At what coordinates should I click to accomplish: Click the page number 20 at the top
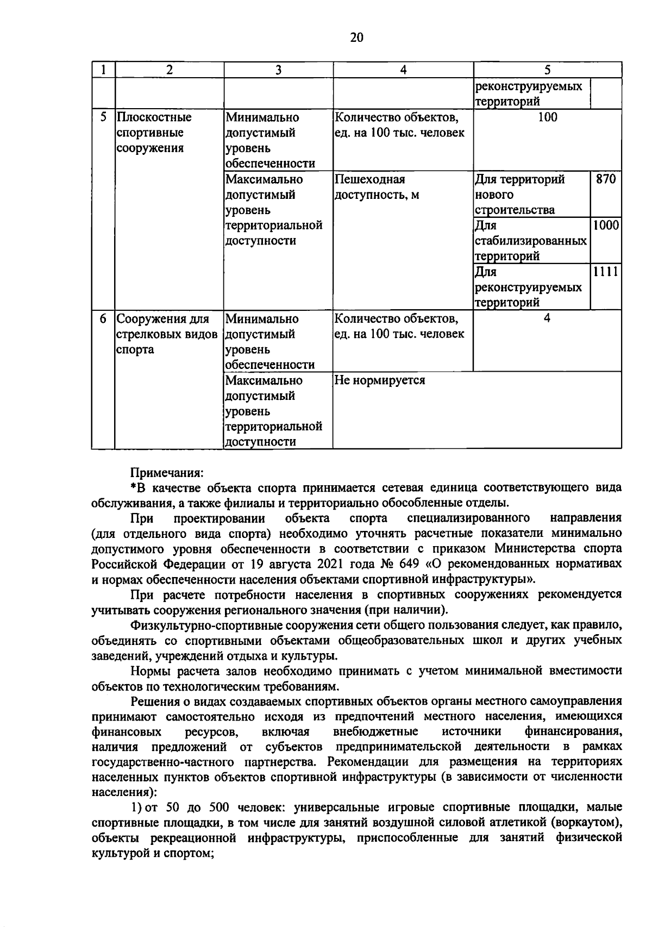[356, 37]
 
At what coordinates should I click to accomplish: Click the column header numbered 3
[278, 70]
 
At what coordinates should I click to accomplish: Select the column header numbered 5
[547, 70]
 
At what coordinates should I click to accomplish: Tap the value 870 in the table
[606, 179]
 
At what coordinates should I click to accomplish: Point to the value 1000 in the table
[606, 226]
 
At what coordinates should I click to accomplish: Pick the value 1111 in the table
[606, 272]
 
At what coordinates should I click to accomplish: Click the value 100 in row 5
[547, 117]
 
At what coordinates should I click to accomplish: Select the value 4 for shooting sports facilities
[547, 318]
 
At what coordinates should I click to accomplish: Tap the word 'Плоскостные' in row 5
[155, 117]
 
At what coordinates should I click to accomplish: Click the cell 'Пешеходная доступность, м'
[377, 187]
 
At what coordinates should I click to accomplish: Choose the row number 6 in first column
[103, 318]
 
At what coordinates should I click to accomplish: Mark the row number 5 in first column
[103, 117]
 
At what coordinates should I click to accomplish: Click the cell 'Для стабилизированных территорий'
[531, 241]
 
